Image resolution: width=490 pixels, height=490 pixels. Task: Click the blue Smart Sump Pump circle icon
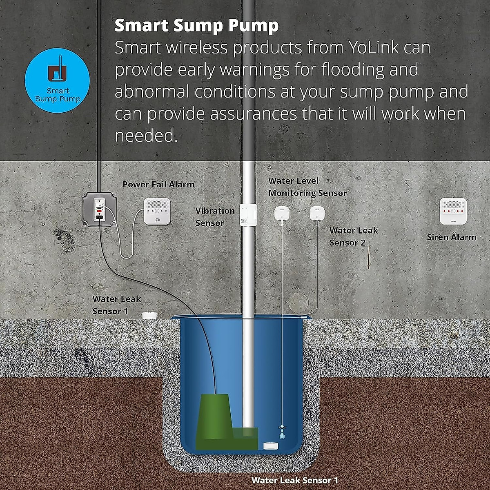tap(57, 80)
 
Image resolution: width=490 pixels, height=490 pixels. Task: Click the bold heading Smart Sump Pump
tap(196, 25)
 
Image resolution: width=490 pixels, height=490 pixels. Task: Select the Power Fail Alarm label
tap(158, 185)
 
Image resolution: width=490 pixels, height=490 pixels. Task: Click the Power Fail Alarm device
tap(157, 211)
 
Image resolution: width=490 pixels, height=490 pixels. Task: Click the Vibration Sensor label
tap(215, 217)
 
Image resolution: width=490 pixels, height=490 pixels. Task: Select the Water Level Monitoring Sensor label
tap(307, 187)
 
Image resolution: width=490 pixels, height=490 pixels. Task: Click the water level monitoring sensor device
tap(282, 214)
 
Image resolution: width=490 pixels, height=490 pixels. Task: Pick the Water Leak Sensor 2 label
tap(353, 236)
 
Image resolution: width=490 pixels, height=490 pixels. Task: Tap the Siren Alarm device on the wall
tap(453, 211)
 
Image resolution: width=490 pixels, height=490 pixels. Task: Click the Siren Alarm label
tap(452, 237)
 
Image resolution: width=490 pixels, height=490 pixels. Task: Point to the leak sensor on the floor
tap(149, 315)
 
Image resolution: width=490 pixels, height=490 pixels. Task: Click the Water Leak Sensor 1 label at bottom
tap(295, 480)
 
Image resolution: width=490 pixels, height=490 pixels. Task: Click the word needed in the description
tap(146, 136)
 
